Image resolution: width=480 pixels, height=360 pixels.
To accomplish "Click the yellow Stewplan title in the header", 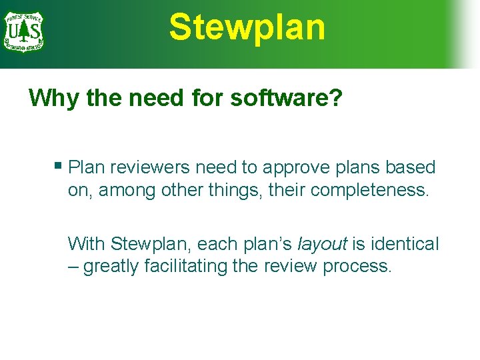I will pyautogui.click(x=247, y=27).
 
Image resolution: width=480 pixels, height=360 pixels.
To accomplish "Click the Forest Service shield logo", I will pyautogui.click(x=23, y=31).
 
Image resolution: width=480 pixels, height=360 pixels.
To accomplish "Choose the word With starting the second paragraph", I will pyautogui.click(x=87, y=243).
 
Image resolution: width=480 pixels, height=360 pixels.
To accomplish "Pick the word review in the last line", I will pyautogui.click(x=291, y=266).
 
